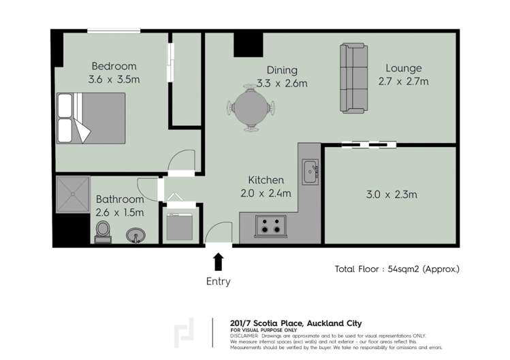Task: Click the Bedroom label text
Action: click(114, 66)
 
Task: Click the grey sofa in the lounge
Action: click(353, 78)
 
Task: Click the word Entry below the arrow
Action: click(219, 281)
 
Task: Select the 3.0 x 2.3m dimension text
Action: click(391, 195)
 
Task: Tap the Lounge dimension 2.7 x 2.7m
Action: click(403, 82)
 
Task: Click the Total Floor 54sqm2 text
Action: click(397, 268)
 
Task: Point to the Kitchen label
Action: click(265, 180)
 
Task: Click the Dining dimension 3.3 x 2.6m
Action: click(282, 84)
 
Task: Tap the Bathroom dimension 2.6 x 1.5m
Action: click(120, 212)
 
